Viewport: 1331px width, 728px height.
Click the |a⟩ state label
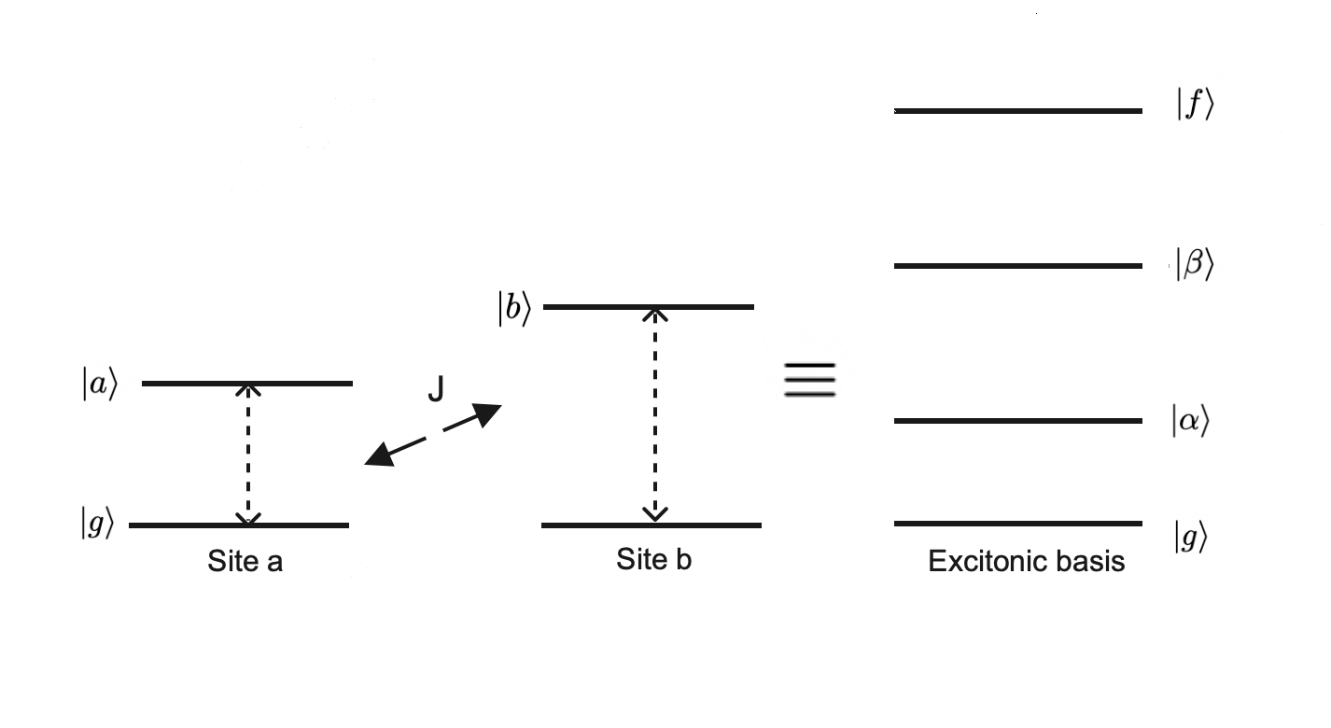pyautogui.click(x=99, y=385)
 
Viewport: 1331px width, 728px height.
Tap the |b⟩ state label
pyautogui.click(x=513, y=309)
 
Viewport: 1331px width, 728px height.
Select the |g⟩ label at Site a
pyautogui.click(x=97, y=525)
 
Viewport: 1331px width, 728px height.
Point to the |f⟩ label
pyautogui.click(x=1195, y=106)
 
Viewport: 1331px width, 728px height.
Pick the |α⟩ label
pyautogui.click(x=1190, y=422)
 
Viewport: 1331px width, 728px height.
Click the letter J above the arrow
pyautogui.click(x=436, y=391)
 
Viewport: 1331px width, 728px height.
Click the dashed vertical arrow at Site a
pyautogui.click(x=248, y=454)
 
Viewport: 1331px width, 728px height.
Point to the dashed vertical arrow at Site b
pyautogui.click(x=656, y=414)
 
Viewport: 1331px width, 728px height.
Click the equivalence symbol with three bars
pyautogui.click(x=809, y=380)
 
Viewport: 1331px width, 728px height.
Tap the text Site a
pyautogui.click(x=245, y=562)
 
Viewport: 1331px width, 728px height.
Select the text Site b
pyautogui.click(x=653, y=559)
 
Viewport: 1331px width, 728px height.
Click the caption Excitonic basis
pyautogui.click(x=1026, y=562)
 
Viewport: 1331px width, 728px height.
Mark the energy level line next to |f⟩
pyautogui.click(x=1017, y=111)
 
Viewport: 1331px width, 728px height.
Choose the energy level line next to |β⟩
pyautogui.click(x=1017, y=266)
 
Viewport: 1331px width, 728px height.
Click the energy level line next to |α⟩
pyautogui.click(x=1017, y=421)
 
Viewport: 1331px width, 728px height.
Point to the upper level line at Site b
pyautogui.click(x=648, y=306)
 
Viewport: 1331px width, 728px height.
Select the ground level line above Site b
pyautogui.click(x=651, y=525)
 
